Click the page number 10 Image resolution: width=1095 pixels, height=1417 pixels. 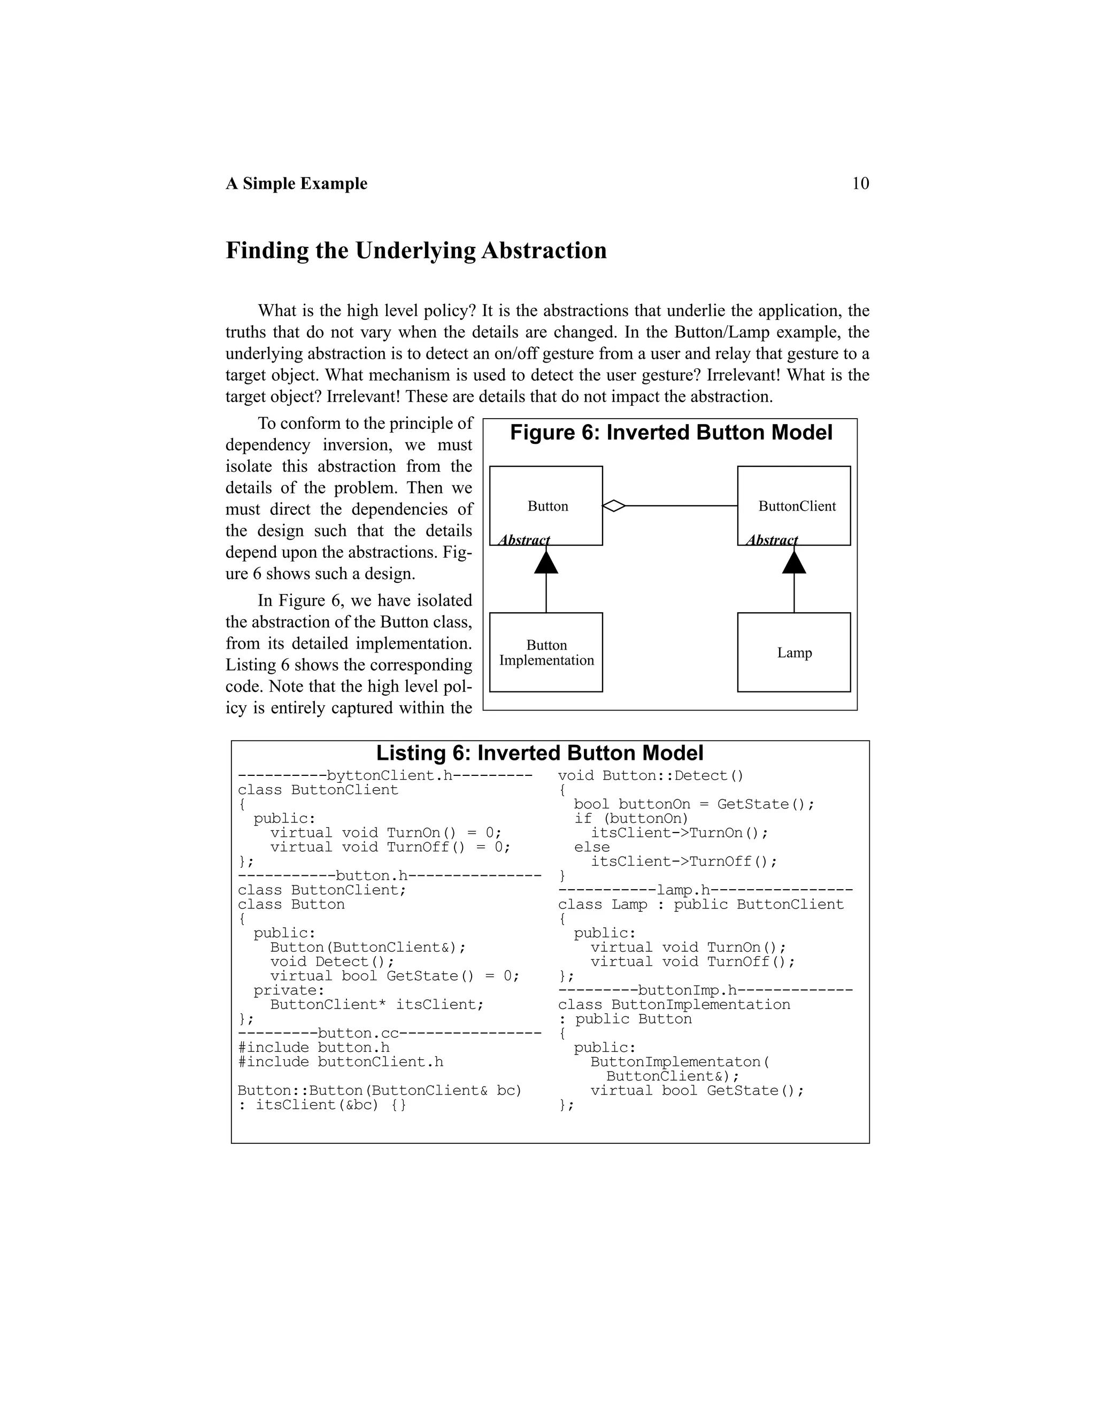coord(860,183)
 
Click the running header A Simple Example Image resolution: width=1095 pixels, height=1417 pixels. coord(296,183)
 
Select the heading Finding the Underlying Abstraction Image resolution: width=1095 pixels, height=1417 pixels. coord(416,250)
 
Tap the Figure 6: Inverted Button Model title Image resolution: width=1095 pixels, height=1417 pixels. coord(671,433)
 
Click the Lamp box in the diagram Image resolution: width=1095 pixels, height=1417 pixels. coord(794,652)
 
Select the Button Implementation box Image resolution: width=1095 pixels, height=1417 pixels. coord(546,652)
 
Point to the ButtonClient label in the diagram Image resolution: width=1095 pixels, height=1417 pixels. coord(797,506)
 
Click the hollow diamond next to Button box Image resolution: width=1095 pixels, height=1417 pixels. coord(614,505)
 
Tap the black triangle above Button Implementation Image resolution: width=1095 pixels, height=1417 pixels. coord(546,562)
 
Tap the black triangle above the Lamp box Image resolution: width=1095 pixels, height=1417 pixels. coord(794,562)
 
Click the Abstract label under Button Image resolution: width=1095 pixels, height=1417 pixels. coord(523,540)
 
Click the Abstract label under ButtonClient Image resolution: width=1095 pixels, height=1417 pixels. coord(772,540)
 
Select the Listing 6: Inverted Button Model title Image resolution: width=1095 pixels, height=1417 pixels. coord(539,753)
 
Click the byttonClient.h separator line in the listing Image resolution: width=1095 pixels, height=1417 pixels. coord(385,775)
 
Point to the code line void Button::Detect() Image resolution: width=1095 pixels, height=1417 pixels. coord(651,775)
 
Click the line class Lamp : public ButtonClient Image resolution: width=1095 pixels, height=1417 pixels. coord(700,904)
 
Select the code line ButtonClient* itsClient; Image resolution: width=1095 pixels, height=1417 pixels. coord(377,1004)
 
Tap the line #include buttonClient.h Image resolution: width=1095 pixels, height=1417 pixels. coord(341,1061)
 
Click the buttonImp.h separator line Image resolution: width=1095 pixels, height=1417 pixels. coord(705,990)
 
